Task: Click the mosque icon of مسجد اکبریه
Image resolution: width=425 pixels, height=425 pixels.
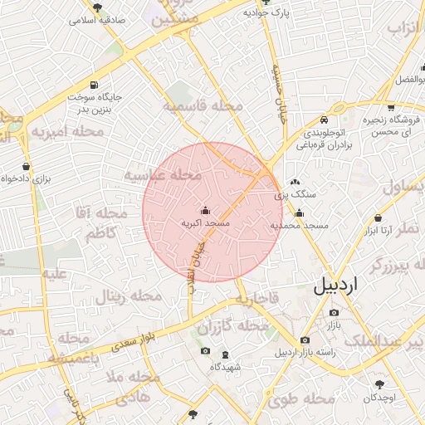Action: click(206, 211)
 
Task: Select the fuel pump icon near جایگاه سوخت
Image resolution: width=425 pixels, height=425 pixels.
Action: click(92, 85)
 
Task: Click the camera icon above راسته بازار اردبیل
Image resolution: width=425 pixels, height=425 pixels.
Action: click(305, 340)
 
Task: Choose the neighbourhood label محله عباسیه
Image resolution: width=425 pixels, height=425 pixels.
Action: click(164, 176)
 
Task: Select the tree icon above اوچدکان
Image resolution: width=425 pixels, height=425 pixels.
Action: click(380, 384)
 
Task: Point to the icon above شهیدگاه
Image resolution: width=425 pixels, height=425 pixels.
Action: click(206, 351)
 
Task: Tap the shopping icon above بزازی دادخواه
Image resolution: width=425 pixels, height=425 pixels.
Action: click(27, 166)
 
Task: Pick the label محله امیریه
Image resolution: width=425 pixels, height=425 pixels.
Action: click(68, 131)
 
